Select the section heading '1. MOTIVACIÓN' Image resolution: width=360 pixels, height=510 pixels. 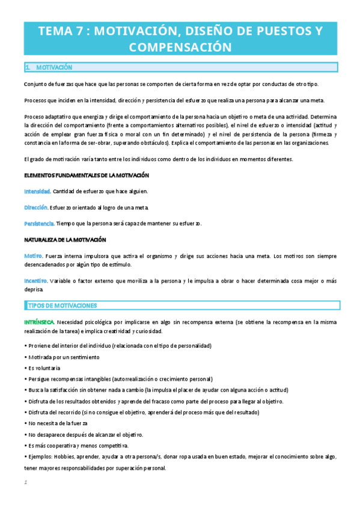pyautogui.click(x=49, y=67)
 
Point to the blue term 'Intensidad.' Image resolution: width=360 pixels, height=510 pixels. pyautogui.click(x=37, y=191)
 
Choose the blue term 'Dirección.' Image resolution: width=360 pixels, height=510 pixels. pyautogui.click(x=36, y=207)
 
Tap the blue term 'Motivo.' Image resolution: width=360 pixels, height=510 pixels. pyautogui.click(x=33, y=256)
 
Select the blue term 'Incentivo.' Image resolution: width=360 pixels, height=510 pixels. pyautogui.click(x=37, y=280)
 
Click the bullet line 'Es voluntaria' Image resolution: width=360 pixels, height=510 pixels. pyautogui.click(x=43, y=368)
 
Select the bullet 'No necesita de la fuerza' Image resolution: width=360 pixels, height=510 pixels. pyautogui.click(x=57, y=423)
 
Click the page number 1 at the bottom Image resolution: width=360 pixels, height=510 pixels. pyautogui.click(x=26, y=482)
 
